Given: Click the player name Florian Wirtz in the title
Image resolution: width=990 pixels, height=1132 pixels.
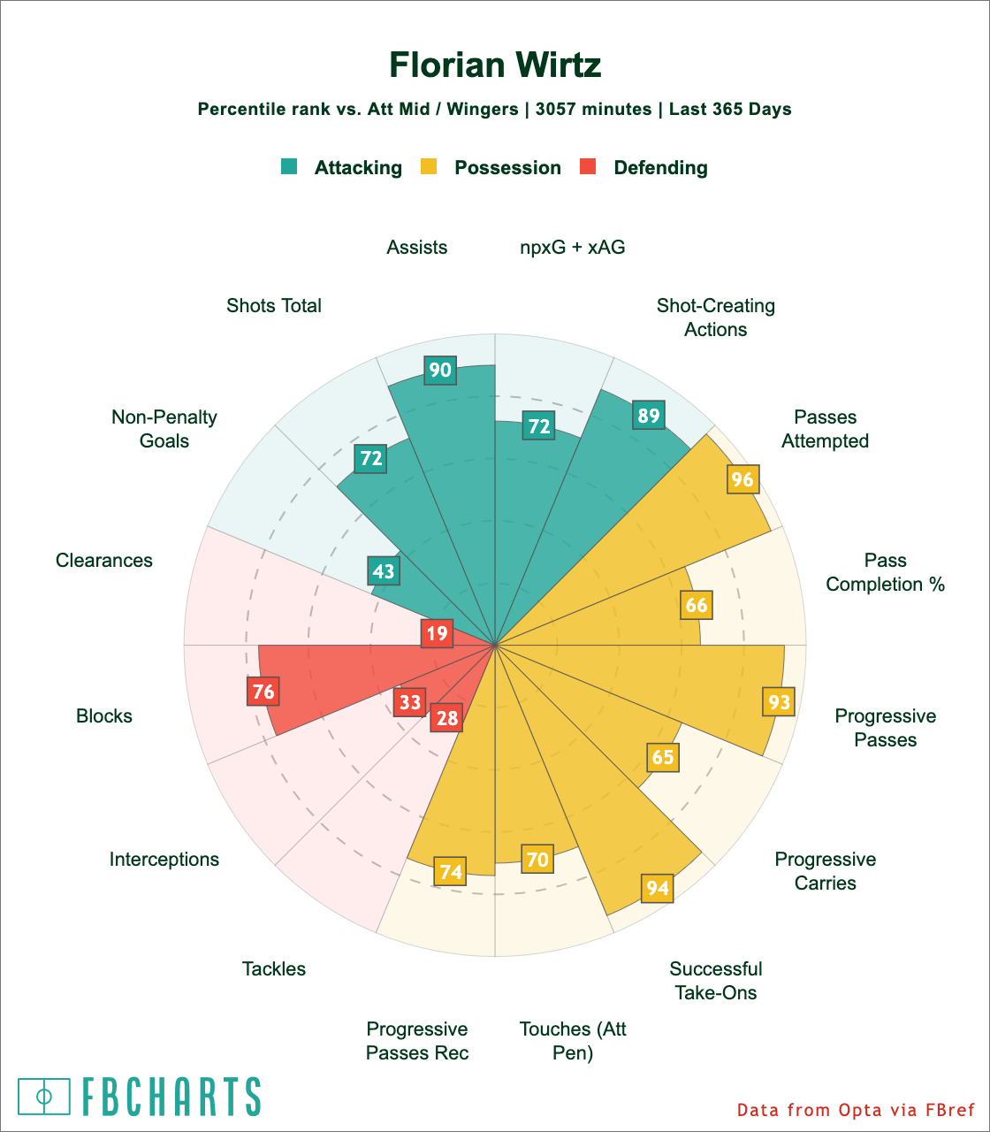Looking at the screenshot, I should [495, 65].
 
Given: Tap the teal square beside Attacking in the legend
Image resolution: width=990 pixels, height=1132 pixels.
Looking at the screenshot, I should [289, 166].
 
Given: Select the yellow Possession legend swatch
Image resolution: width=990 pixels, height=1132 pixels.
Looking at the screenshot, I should [429, 166].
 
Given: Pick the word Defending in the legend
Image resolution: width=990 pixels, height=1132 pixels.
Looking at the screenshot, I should [660, 168].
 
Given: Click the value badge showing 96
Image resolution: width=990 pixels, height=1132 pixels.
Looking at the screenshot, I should [742, 479].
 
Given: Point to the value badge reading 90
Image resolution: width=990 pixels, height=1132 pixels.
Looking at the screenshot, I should [440, 370].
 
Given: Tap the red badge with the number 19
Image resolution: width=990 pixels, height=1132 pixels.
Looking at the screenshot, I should [437, 633].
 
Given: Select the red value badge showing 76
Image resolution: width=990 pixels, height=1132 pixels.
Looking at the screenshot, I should [263, 691].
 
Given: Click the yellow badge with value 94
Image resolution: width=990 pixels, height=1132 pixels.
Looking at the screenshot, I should [657, 887].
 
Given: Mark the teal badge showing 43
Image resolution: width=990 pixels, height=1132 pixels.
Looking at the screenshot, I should [383, 570].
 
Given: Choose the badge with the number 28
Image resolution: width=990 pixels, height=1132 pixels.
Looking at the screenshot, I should [447, 717].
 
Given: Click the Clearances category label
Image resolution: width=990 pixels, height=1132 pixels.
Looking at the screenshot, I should [104, 561].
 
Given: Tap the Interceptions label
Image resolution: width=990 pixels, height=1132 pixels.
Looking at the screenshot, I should [164, 860].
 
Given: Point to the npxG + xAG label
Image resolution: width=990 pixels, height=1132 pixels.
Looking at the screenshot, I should [573, 248].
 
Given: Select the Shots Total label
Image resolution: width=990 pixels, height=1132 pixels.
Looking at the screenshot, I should [274, 306].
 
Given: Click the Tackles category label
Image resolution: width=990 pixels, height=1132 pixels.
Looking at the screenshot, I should [274, 969].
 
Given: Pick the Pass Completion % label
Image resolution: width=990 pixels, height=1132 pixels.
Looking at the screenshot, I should [886, 572].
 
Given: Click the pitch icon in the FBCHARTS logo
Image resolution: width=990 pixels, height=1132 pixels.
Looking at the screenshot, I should [44, 1097].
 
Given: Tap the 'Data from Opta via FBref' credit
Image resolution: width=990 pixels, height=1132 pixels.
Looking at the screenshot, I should [855, 1110].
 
